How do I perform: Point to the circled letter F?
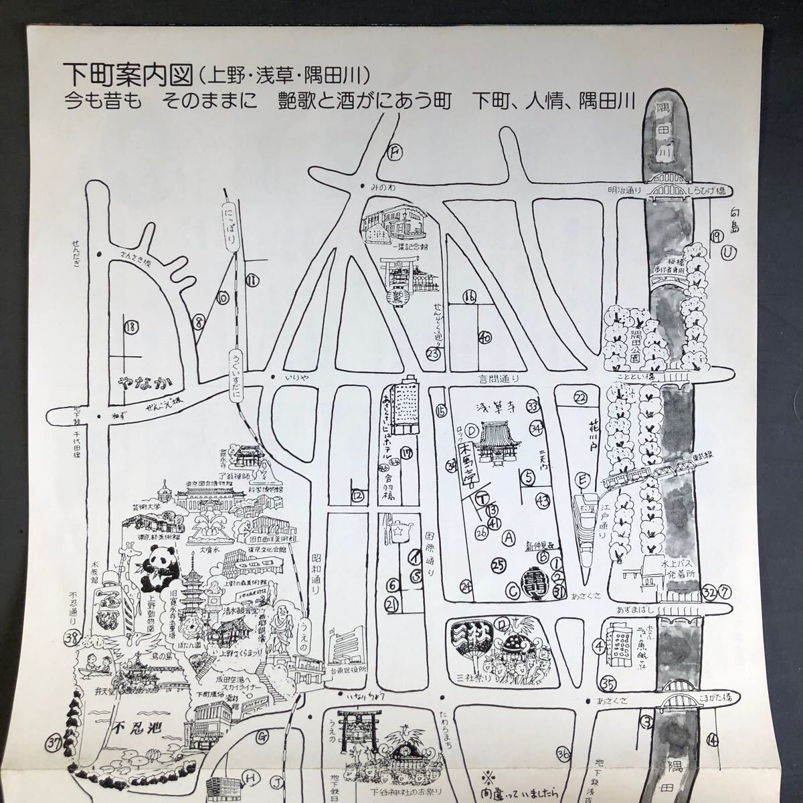point(395,153)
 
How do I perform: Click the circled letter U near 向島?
point(727,253)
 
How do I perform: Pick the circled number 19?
point(716,236)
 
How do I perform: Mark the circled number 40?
point(486,339)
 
